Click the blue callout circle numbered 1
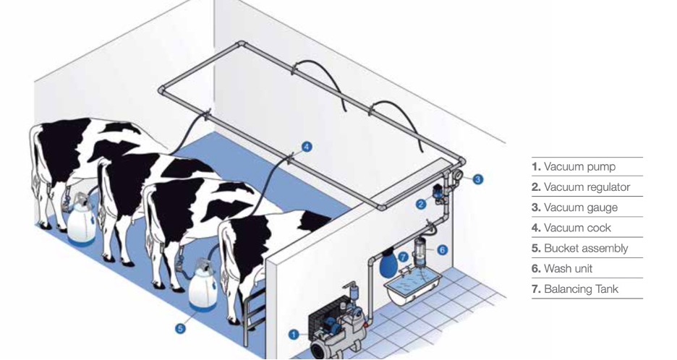click(x=294, y=334)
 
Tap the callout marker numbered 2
click(x=422, y=205)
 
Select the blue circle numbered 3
click(x=477, y=179)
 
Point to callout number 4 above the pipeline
click(x=307, y=147)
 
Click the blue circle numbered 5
click(x=181, y=328)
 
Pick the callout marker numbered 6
click(x=442, y=249)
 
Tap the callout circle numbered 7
click(x=404, y=257)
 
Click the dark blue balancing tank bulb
click(x=388, y=264)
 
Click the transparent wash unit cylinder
click(x=420, y=252)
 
